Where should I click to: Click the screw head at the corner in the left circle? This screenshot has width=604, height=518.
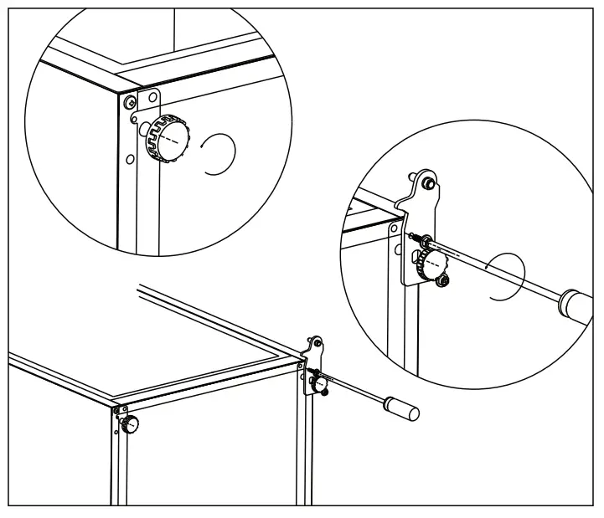[x=129, y=102]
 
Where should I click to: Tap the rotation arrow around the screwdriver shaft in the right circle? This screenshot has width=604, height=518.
[x=505, y=276]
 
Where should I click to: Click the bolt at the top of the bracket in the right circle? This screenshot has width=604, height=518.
[x=426, y=182]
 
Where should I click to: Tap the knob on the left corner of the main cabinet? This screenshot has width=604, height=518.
[x=131, y=424]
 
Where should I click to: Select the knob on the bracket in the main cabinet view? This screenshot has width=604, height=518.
[x=320, y=384]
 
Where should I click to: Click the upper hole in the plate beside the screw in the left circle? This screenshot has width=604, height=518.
[x=152, y=99]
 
